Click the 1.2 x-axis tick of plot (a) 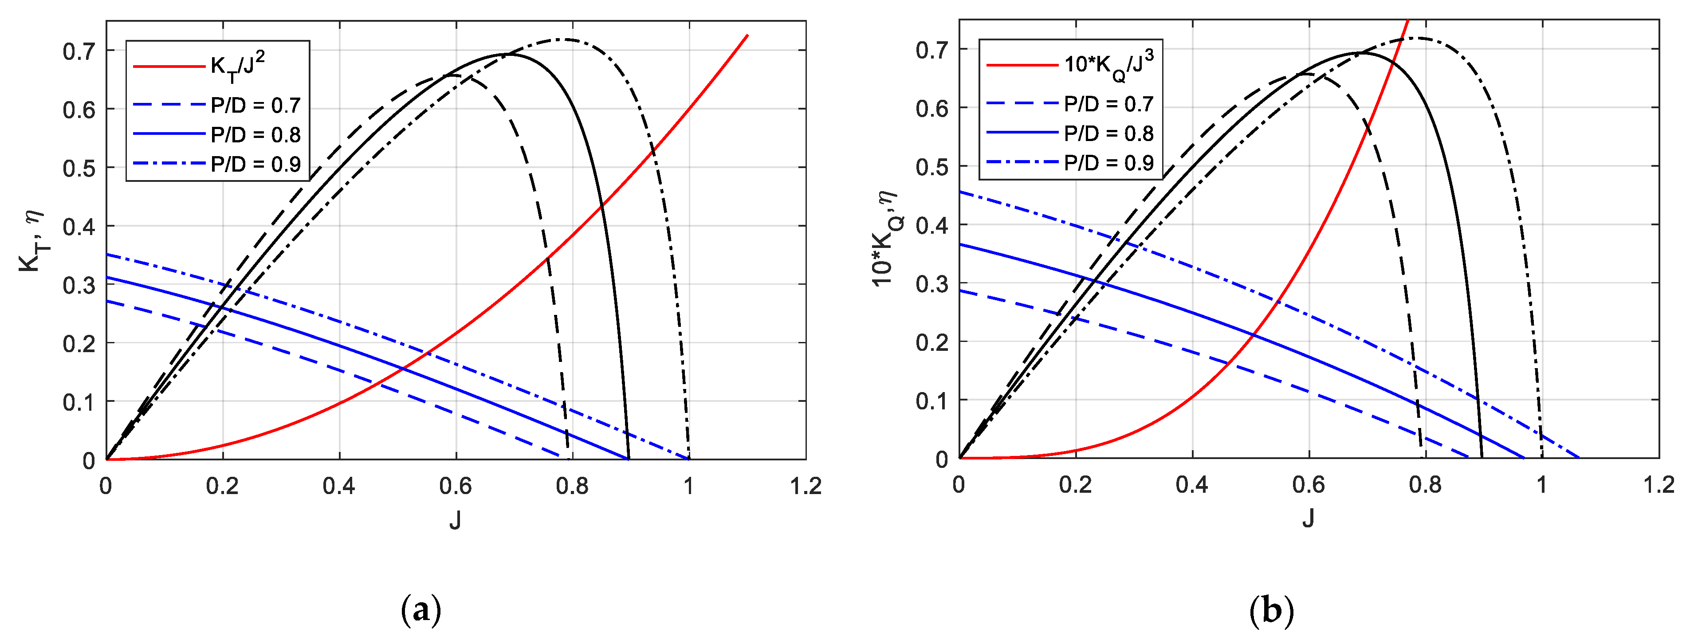(806, 486)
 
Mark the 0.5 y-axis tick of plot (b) (932, 167)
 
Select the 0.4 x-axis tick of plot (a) (339, 486)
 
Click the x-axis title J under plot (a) (455, 520)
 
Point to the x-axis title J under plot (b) (1308, 519)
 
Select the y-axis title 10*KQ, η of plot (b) (886, 239)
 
